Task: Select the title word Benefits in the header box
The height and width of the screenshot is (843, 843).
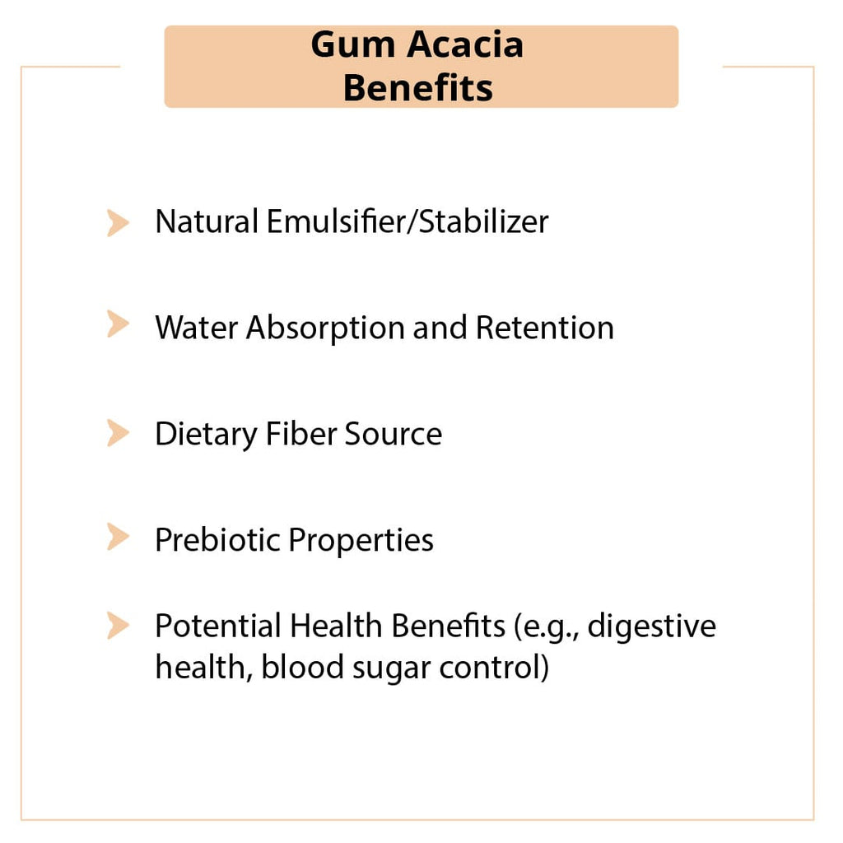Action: click(418, 87)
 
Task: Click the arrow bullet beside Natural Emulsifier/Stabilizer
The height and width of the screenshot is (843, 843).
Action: click(118, 222)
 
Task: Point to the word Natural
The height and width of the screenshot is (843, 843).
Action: click(206, 221)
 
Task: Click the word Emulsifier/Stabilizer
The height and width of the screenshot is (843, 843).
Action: click(407, 221)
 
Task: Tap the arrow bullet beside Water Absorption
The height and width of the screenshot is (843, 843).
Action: click(118, 324)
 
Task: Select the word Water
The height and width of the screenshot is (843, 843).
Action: click(196, 328)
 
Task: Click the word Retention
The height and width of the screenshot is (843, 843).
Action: click(544, 328)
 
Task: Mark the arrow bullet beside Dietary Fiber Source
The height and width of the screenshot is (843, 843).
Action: click(118, 432)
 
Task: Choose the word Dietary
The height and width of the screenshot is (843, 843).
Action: click(206, 435)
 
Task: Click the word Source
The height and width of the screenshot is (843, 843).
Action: click(393, 434)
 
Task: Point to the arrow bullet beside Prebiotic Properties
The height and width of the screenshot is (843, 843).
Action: click(118, 538)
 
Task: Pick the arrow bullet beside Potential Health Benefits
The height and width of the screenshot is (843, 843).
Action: click(118, 626)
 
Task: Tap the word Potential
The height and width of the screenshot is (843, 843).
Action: click(217, 626)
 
